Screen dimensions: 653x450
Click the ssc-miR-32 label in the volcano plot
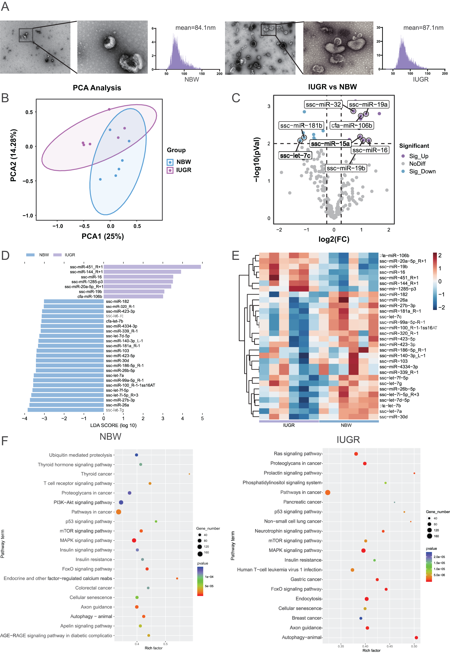(x=323, y=104)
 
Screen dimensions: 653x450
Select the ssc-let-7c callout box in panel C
(x=295, y=155)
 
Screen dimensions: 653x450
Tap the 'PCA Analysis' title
(x=97, y=88)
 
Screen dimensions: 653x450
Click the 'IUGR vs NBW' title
(x=333, y=87)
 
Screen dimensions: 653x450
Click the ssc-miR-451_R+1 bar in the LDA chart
(x=152, y=267)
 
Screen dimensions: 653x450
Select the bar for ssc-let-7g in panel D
(x=66, y=410)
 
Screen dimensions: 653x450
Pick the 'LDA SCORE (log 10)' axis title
(x=113, y=425)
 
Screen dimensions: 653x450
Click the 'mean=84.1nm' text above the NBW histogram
(x=195, y=28)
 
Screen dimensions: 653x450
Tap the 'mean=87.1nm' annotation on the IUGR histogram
(x=423, y=28)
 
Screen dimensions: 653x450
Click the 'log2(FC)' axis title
(x=334, y=239)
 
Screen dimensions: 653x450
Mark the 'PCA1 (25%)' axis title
(x=103, y=236)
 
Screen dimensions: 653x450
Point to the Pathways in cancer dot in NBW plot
(x=119, y=512)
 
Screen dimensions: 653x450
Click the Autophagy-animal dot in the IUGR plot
(x=416, y=638)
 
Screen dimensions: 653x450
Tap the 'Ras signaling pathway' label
(x=297, y=454)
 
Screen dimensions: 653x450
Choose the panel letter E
(x=235, y=255)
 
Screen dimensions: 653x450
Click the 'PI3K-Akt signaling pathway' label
(x=83, y=502)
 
